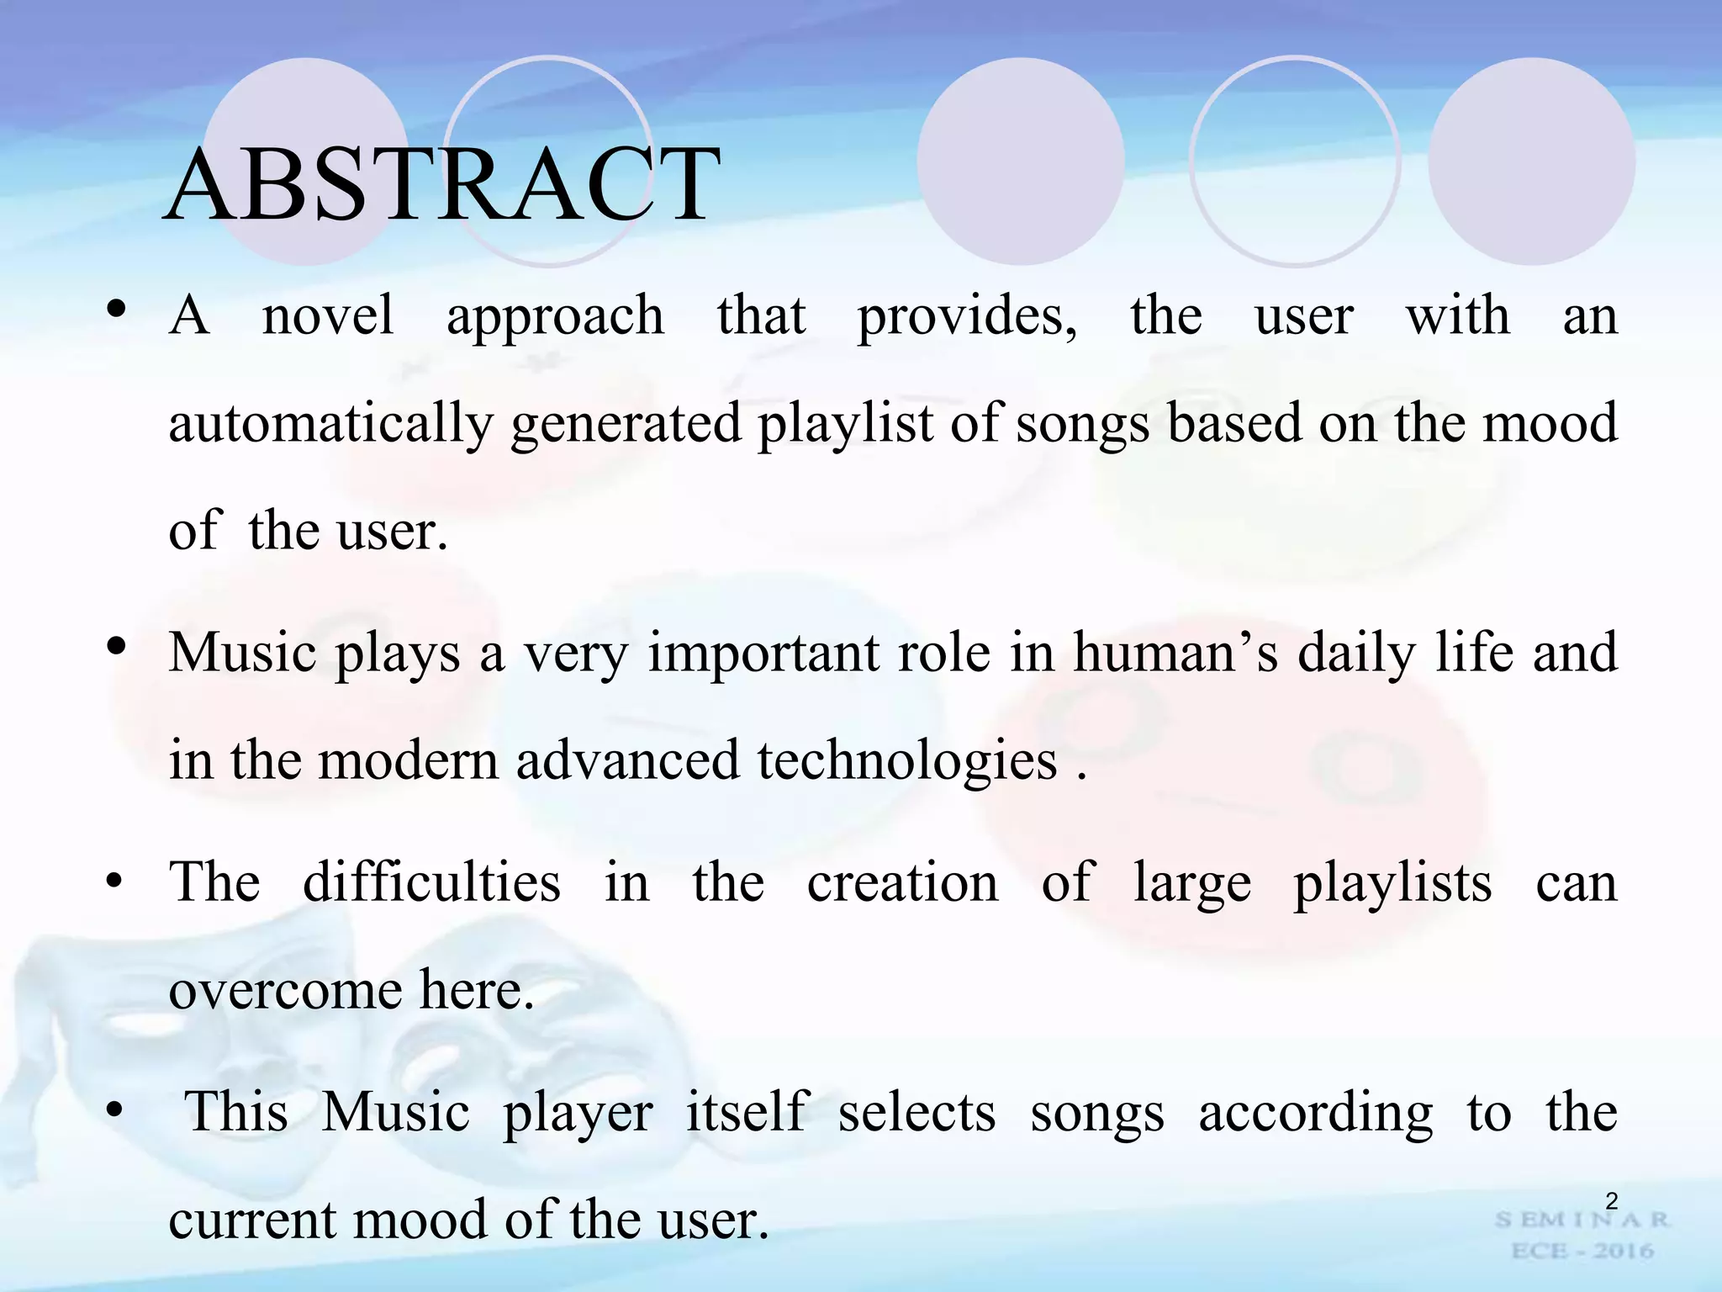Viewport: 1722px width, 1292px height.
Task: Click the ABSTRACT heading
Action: [x=442, y=184]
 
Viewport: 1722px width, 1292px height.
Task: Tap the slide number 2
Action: [x=1611, y=1201]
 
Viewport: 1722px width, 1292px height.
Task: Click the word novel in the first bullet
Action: [x=327, y=316]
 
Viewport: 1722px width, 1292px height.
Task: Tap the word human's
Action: [x=1175, y=653]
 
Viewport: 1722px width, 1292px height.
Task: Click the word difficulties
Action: [x=431, y=882]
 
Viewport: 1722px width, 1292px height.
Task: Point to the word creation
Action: [x=902, y=882]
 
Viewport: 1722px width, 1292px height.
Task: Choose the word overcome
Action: [x=284, y=991]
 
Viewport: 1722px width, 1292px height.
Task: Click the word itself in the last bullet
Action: [x=747, y=1112]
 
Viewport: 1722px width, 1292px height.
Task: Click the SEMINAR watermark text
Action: [x=1581, y=1220]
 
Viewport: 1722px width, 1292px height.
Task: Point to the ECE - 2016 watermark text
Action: [x=1582, y=1251]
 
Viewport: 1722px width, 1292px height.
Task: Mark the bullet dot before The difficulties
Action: [x=114, y=882]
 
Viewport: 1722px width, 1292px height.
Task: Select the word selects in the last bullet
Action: [x=916, y=1112]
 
